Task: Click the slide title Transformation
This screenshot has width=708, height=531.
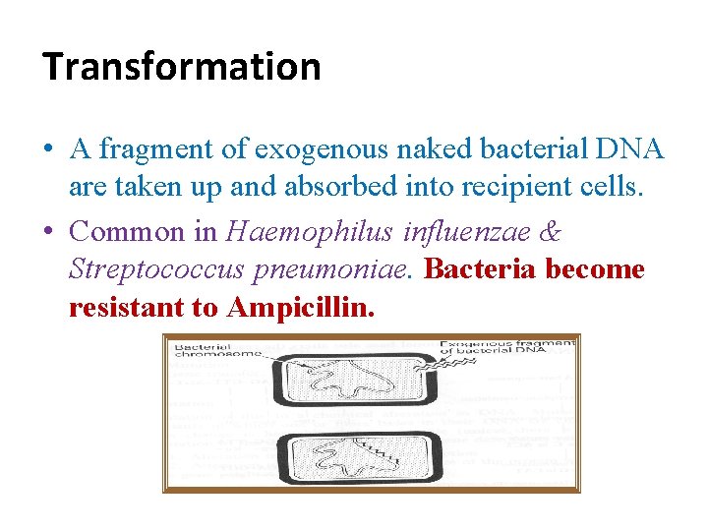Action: pyautogui.click(x=182, y=67)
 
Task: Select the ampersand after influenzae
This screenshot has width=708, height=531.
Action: pyautogui.click(x=552, y=232)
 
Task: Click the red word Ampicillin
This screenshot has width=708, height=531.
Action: pyautogui.click(x=300, y=308)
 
